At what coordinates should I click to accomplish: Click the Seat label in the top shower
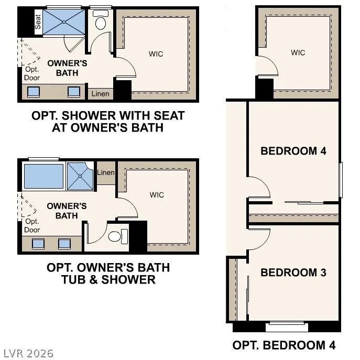[x=38, y=22]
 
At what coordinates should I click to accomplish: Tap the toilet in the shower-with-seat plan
[x=100, y=20]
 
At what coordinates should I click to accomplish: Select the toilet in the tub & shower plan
[x=118, y=236]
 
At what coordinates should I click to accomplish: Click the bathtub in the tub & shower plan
[x=43, y=176]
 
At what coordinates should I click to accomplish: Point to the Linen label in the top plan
[x=100, y=94]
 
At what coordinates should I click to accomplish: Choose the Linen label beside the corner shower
[x=106, y=172]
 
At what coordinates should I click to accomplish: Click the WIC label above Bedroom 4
[x=298, y=52]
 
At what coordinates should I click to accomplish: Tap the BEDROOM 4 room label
[x=293, y=151]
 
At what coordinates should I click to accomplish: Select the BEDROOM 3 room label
[x=293, y=272]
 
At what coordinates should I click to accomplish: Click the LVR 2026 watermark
[x=28, y=354]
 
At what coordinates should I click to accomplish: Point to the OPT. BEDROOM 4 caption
[x=284, y=345]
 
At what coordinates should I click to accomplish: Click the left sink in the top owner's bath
[x=34, y=92]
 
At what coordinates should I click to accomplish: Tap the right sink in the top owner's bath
[x=74, y=92]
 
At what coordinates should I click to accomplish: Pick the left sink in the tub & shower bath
[x=38, y=244]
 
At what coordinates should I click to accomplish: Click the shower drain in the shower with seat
[x=64, y=22]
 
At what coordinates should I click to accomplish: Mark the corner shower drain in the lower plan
[x=80, y=176]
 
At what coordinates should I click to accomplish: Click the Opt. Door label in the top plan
[x=32, y=73]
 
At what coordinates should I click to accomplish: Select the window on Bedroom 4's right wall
[x=341, y=180]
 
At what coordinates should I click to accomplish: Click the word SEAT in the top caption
[x=169, y=115]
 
